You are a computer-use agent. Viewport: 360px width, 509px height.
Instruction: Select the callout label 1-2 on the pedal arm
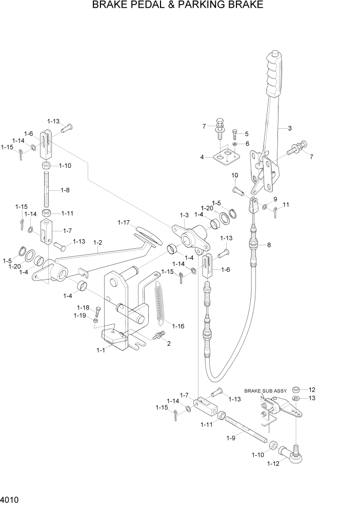coord(97,242)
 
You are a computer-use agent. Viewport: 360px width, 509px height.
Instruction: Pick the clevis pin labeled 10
coord(238,191)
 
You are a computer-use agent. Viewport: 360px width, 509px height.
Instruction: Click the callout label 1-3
coord(184,215)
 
